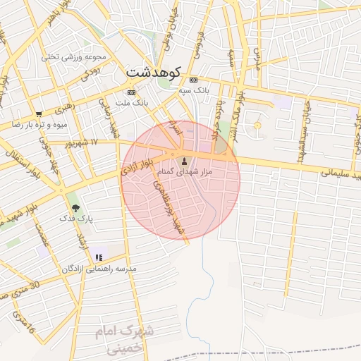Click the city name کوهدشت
[154, 71]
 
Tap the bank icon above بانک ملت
[131, 92]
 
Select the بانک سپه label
[194, 90]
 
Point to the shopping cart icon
[39, 114]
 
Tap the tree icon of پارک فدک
[75, 209]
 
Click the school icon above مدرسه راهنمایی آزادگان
[99, 257]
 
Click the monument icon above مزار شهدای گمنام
[185, 161]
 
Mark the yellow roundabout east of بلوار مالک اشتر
[257, 126]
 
